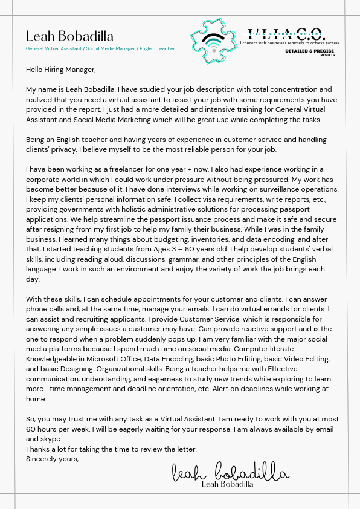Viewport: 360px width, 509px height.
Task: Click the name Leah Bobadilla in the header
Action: click(69, 36)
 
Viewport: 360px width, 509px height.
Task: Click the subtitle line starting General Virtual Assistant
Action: click(100, 48)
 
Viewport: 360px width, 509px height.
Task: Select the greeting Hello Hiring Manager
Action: click(60, 70)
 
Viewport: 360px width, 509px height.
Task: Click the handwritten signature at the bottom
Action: click(230, 472)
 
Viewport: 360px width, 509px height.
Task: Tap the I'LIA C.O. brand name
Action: click(286, 34)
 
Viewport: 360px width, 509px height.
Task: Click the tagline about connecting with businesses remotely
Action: click(290, 43)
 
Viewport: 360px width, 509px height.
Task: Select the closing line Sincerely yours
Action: click(53, 459)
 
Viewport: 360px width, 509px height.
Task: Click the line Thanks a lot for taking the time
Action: click(111, 449)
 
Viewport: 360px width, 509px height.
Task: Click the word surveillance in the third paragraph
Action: click(275, 189)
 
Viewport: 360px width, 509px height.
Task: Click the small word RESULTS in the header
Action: click(327, 55)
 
